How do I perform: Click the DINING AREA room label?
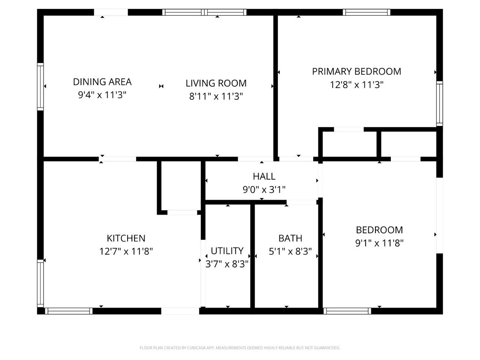(x=102, y=82)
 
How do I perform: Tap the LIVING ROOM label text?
(x=216, y=83)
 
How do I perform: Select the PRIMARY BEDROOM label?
(x=357, y=71)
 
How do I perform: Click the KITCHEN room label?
(x=126, y=238)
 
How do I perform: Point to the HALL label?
(x=264, y=176)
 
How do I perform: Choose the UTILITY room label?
(x=227, y=251)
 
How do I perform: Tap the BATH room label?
(x=290, y=238)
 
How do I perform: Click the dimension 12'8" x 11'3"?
(x=357, y=85)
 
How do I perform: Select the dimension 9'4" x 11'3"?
(x=102, y=95)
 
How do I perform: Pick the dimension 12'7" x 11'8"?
(x=126, y=251)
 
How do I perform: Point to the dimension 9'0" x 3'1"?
(x=264, y=190)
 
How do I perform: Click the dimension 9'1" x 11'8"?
(x=380, y=243)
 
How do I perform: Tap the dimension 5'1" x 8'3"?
(x=290, y=251)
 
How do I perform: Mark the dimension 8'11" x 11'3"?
(x=216, y=97)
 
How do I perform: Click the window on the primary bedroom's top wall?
(x=367, y=12)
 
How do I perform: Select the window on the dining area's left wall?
(x=41, y=87)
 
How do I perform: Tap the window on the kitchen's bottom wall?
(x=69, y=311)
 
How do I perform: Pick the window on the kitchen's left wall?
(x=41, y=283)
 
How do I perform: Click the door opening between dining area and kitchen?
(x=118, y=159)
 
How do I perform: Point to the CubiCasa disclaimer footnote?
(x=240, y=348)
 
